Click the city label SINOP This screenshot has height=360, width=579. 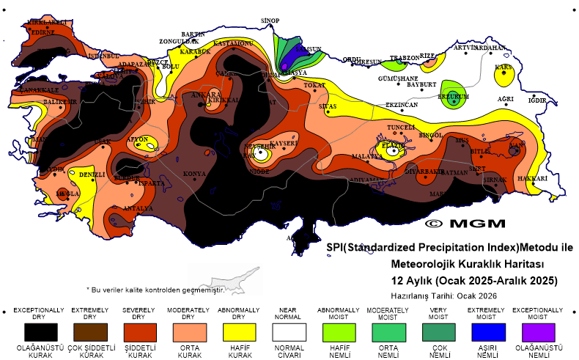tap(271, 20)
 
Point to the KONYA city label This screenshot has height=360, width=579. tap(194, 174)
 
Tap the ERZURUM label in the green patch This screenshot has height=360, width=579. tap(453, 96)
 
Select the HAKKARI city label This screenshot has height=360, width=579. tap(533, 178)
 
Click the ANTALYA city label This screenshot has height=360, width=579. tap(139, 208)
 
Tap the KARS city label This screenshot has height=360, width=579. tap(503, 67)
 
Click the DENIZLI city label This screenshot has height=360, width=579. tap(92, 175)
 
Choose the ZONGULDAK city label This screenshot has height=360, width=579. tap(179, 41)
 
